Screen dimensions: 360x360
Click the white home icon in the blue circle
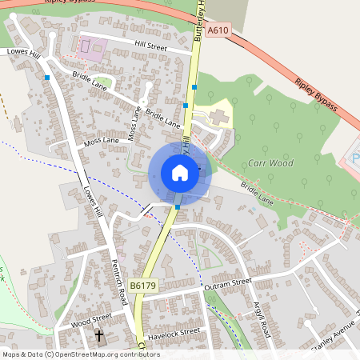click(180, 173)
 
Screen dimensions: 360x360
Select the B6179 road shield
click(142, 286)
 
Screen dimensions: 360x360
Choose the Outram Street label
click(227, 283)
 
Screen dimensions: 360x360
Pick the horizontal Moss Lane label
click(100, 141)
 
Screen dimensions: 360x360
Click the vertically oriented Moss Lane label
click(134, 125)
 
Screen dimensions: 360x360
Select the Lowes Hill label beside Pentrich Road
click(92, 202)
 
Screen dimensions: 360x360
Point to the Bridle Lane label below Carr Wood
click(257, 196)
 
